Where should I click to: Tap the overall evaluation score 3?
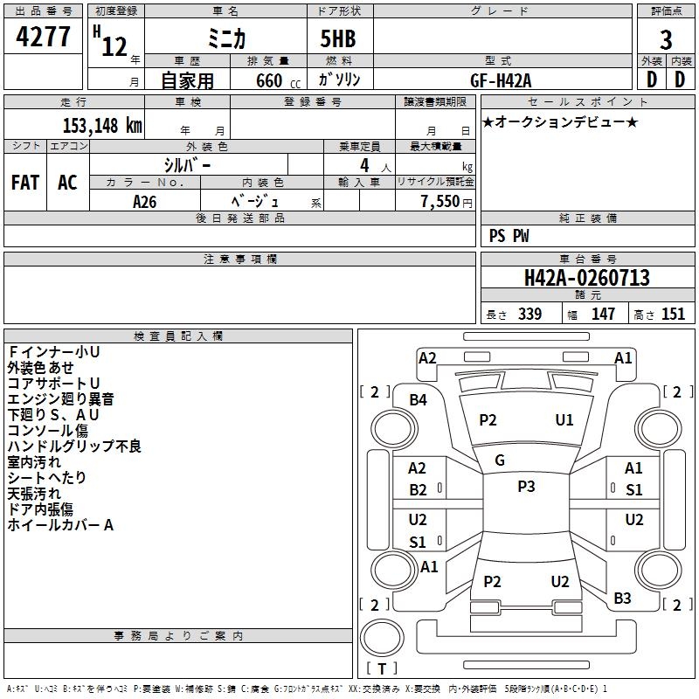pyautogui.click(x=666, y=40)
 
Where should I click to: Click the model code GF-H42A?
pyautogui.click(x=501, y=80)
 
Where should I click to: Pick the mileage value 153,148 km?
pyautogui.click(x=102, y=126)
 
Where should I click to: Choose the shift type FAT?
pyautogui.click(x=25, y=183)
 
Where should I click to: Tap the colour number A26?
pyautogui.click(x=146, y=202)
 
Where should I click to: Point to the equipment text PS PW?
pyautogui.click(x=509, y=236)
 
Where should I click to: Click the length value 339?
pyautogui.click(x=529, y=315)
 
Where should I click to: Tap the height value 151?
pyautogui.click(x=673, y=315)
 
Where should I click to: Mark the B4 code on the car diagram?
pyautogui.click(x=419, y=399)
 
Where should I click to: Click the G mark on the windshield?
pyautogui.click(x=500, y=460)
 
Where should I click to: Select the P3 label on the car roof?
pyautogui.click(x=526, y=487)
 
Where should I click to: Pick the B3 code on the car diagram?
pyautogui.click(x=622, y=598)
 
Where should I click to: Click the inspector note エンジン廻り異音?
pyautogui.click(x=60, y=399)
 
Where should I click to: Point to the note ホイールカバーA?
pyautogui.click(x=60, y=525)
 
